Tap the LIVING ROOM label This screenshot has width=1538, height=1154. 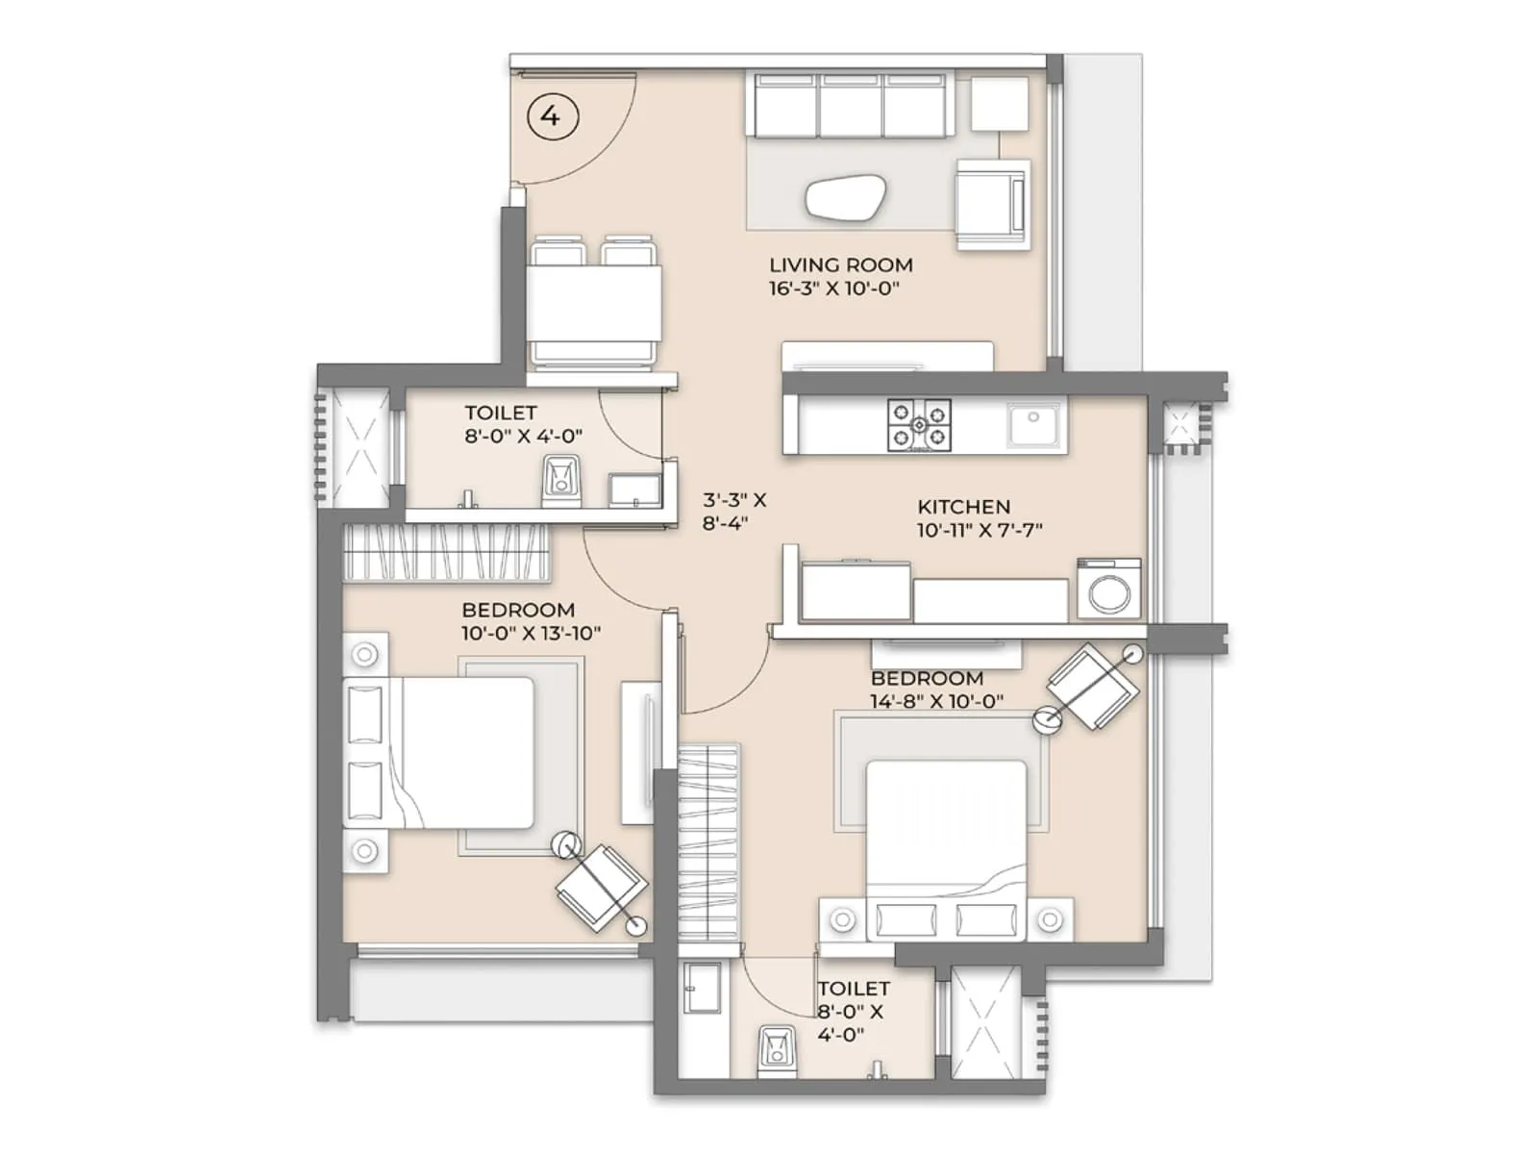[840, 264]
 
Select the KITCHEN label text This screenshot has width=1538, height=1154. [963, 507]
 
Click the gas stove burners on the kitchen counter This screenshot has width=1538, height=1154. [919, 424]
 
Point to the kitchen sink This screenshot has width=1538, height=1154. [1034, 423]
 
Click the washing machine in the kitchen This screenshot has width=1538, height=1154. [1109, 589]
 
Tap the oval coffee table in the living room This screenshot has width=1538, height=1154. [845, 198]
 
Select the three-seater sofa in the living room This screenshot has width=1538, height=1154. [852, 106]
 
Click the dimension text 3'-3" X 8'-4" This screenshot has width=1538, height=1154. [734, 512]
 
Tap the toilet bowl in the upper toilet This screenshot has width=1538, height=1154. [560, 481]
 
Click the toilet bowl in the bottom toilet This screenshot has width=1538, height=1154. [777, 1052]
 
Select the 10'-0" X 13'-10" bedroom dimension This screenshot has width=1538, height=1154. [531, 633]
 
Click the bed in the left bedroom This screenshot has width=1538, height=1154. [452, 752]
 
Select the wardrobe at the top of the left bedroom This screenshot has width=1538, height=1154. [446, 553]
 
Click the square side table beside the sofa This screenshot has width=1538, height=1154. [999, 103]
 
